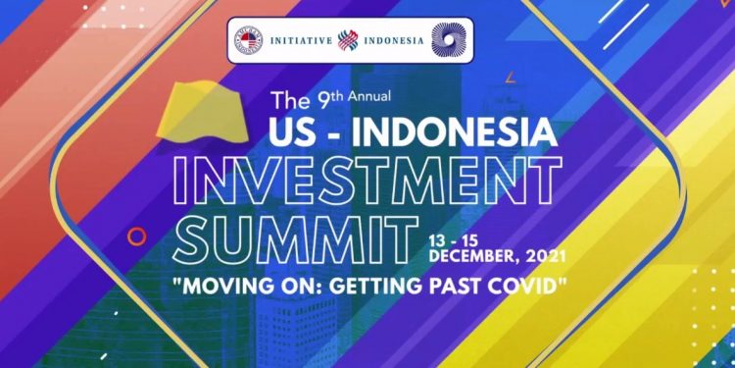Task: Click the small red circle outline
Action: (137, 236)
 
